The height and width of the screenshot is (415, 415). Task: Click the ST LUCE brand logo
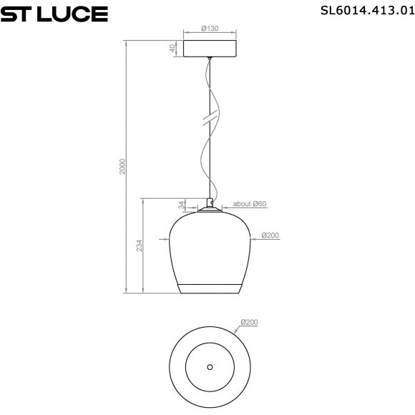click(x=55, y=14)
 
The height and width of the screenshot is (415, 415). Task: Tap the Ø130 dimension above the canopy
click(x=210, y=28)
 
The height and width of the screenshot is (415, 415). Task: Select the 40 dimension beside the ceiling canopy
click(x=172, y=48)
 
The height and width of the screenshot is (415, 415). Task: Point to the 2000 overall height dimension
click(x=122, y=167)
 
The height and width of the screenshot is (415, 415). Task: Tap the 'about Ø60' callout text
click(x=250, y=204)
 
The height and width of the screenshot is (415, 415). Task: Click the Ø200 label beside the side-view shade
click(x=270, y=235)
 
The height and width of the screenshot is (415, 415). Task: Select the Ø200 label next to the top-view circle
click(x=250, y=323)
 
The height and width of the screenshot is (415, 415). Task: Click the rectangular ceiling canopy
click(x=210, y=48)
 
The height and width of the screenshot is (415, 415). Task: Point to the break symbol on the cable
click(x=210, y=119)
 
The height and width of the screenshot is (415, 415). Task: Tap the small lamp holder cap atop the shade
click(x=210, y=203)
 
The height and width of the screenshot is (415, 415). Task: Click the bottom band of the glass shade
click(x=210, y=288)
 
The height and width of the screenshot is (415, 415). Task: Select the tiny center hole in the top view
click(x=210, y=367)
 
